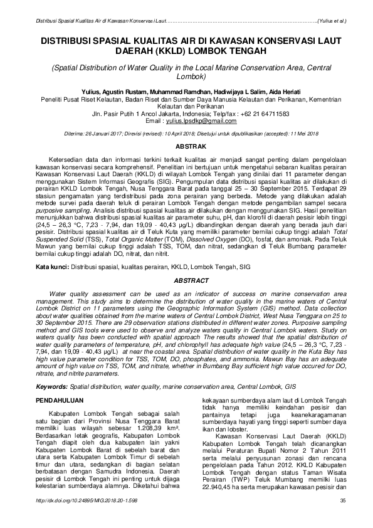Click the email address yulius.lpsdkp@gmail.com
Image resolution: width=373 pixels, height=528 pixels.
[x=199, y=120]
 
